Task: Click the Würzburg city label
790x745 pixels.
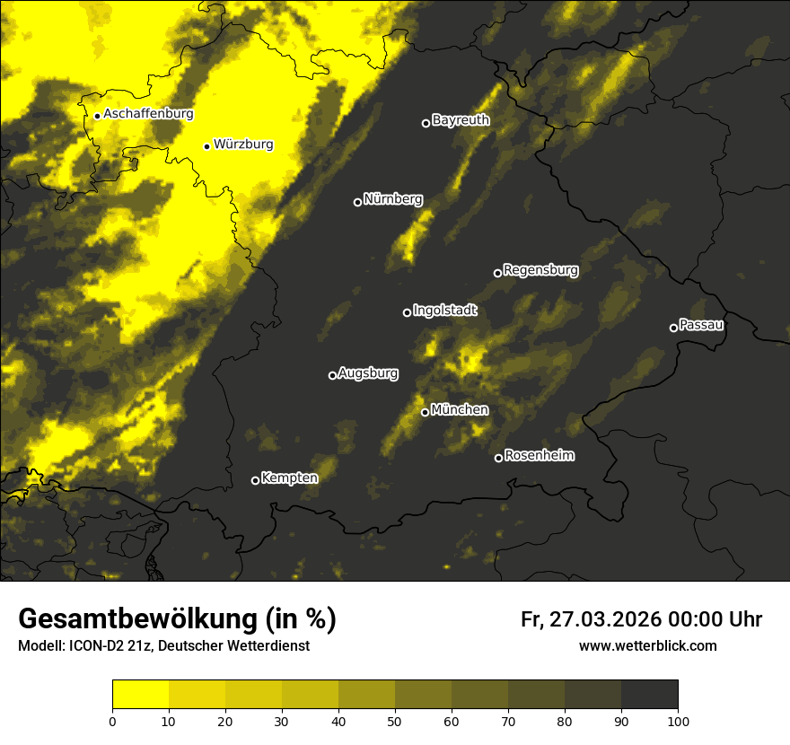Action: pyautogui.click(x=243, y=145)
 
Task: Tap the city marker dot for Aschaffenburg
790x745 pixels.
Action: pyautogui.click(x=97, y=116)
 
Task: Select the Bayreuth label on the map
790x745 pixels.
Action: pyautogui.click(x=461, y=120)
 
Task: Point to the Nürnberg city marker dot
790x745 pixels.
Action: pyautogui.click(x=357, y=202)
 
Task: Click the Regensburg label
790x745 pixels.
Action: pyautogui.click(x=540, y=270)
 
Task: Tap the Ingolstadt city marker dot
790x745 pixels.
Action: pyautogui.click(x=407, y=312)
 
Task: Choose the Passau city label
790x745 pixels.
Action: pyautogui.click(x=701, y=325)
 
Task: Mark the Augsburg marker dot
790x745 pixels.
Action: pyautogui.click(x=332, y=375)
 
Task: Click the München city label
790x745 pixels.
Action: pyautogui.click(x=460, y=410)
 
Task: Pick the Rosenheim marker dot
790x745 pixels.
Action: pyautogui.click(x=498, y=458)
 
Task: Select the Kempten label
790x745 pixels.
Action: pyautogui.click(x=289, y=478)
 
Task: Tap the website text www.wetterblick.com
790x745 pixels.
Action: pyautogui.click(x=648, y=645)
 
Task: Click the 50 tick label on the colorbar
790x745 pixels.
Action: pyautogui.click(x=395, y=721)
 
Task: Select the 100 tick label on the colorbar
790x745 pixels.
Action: pyautogui.click(x=678, y=721)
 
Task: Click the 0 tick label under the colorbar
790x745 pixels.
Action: pyautogui.click(x=112, y=721)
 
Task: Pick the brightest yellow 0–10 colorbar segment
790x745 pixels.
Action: pyautogui.click(x=140, y=695)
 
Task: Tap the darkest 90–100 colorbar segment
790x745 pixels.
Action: pyautogui.click(x=649, y=695)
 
